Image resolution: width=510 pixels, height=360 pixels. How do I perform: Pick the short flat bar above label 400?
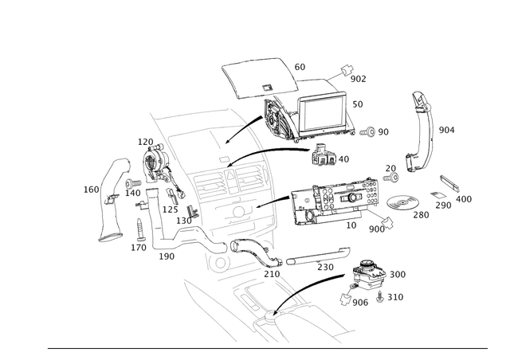point(450,184)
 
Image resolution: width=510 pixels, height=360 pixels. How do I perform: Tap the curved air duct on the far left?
point(108,199)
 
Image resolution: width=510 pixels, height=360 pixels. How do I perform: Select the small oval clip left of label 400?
point(439,194)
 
